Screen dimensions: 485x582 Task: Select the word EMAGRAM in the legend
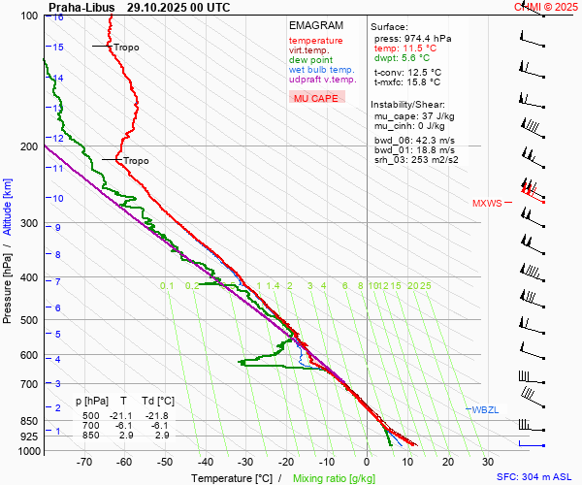click(x=315, y=25)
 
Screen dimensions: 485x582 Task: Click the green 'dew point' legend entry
click(x=310, y=60)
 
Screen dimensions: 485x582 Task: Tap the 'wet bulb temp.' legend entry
click(x=321, y=70)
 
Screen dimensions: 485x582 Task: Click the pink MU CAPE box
click(x=316, y=98)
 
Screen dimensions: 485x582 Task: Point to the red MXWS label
click(x=487, y=203)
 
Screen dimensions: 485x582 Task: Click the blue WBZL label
click(x=484, y=410)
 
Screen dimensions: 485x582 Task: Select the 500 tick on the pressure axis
click(x=29, y=320)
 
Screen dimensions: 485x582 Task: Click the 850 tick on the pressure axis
click(x=29, y=421)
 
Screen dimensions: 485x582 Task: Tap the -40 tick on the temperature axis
click(x=206, y=462)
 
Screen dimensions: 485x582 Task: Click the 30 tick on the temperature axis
click(x=488, y=462)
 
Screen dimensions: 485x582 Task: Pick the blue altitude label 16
click(x=59, y=17)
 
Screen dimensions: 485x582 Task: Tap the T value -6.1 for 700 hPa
click(x=123, y=425)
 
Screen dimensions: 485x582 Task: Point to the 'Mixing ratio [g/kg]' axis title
click(x=335, y=478)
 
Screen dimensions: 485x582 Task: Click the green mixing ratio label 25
click(x=425, y=286)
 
